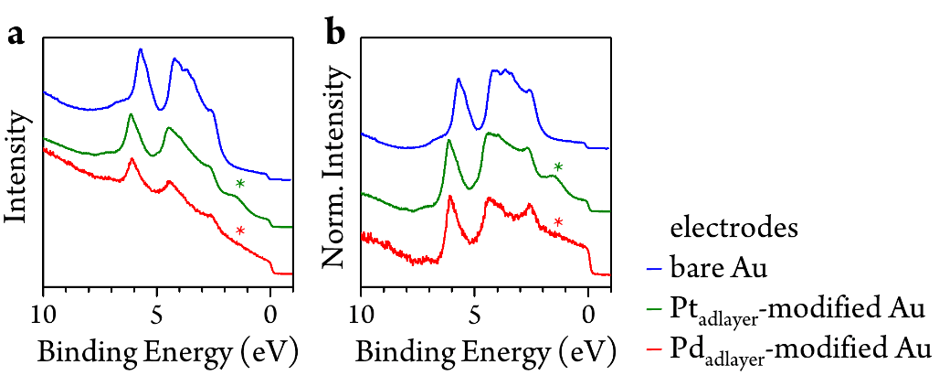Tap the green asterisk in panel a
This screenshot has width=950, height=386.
click(x=240, y=185)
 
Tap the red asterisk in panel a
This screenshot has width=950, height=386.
click(x=240, y=231)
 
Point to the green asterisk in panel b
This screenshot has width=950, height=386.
click(x=558, y=167)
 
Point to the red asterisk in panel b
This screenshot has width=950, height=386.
click(x=558, y=222)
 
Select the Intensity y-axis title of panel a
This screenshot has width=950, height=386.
click(x=16, y=165)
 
